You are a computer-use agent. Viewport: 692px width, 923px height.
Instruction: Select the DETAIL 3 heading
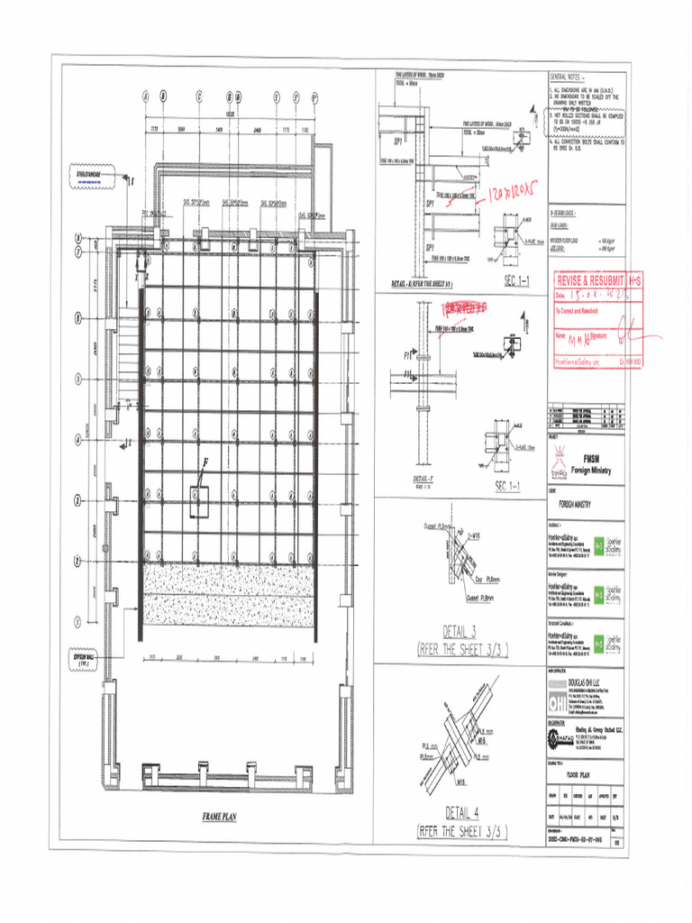461,629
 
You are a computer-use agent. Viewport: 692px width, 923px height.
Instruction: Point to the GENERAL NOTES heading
568,78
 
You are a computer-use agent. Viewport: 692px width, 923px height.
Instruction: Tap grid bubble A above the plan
145,96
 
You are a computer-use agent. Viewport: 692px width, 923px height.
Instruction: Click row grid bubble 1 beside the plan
78,620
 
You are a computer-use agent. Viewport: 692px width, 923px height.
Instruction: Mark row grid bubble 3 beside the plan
78,501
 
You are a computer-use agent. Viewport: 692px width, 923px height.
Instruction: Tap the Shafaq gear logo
559,738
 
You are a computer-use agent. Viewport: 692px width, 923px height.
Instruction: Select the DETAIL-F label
424,479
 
